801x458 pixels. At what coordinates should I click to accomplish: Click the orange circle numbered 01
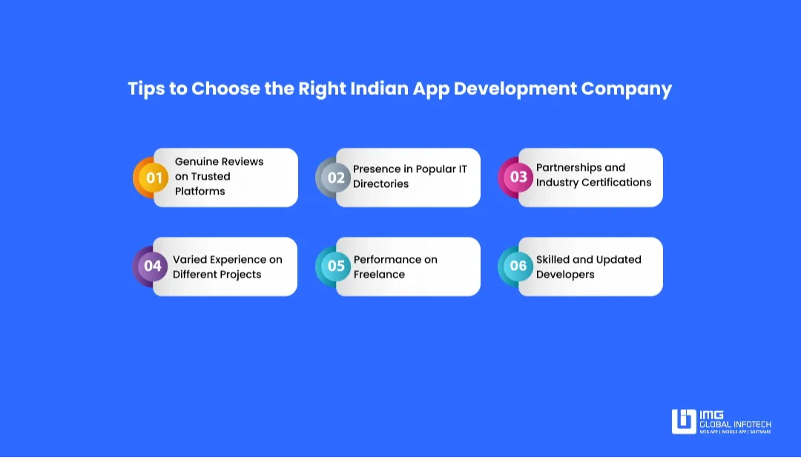(154, 178)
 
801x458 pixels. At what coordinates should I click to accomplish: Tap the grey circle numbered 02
(336, 177)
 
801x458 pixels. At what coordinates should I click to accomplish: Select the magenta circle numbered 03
(518, 177)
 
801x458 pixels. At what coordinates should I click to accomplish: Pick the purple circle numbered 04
(153, 266)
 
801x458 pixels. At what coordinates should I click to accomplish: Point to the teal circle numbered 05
(336, 266)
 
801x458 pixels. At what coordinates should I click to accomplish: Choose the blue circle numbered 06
(518, 266)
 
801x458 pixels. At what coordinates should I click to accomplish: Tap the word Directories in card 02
(380, 183)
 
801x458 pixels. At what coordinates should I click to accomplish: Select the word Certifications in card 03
(616, 182)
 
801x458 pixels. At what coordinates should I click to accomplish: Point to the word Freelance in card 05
(379, 274)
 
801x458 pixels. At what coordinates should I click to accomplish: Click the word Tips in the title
(145, 89)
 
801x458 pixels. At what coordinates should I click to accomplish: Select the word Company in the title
(626, 89)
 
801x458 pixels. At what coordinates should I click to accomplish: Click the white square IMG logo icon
(684, 422)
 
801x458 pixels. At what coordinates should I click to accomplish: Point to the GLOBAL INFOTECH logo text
(736, 424)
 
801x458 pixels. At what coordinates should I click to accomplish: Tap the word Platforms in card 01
(200, 191)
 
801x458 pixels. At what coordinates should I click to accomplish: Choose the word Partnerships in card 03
(569, 167)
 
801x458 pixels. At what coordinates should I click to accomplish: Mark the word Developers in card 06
(565, 274)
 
